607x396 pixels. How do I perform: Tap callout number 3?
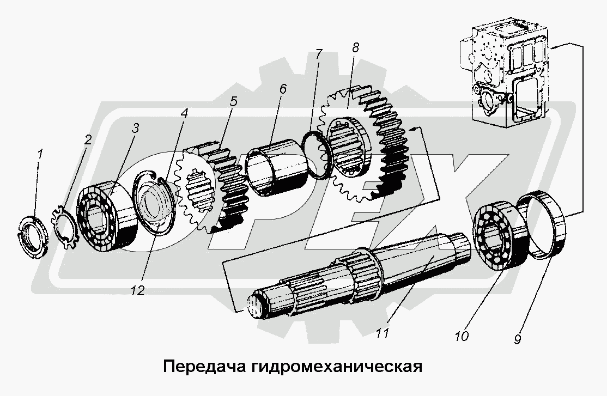(x=135, y=129)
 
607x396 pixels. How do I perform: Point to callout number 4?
(x=184, y=114)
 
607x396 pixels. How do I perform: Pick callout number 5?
(x=233, y=101)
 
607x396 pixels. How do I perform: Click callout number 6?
(x=282, y=88)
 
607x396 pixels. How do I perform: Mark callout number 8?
(x=355, y=47)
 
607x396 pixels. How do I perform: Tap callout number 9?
(x=516, y=338)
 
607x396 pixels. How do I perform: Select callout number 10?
(x=461, y=336)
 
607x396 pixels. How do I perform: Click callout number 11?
(x=383, y=332)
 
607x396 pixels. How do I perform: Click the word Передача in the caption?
(x=204, y=365)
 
